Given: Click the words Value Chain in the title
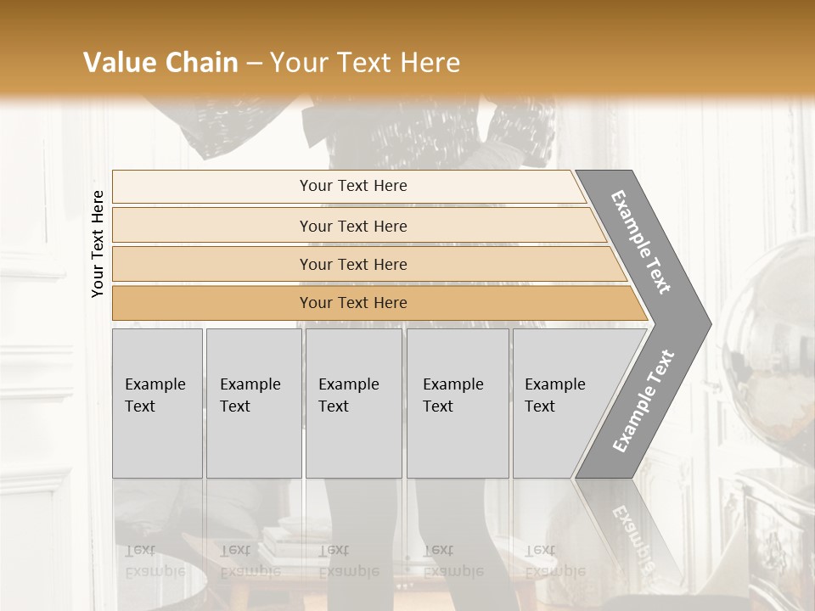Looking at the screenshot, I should click(x=160, y=63).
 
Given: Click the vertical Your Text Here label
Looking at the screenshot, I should click(x=98, y=244).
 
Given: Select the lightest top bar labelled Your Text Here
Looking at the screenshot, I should click(x=352, y=186).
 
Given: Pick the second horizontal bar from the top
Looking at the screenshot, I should click(x=352, y=226).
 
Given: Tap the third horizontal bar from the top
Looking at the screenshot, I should click(x=352, y=264).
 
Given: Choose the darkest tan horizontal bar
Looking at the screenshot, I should click(x=352, y=303).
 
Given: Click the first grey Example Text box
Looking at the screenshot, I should click(x=157, y=403).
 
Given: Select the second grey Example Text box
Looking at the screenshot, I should click(x=254, y=403).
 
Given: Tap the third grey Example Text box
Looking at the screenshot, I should click(x=353, y=403).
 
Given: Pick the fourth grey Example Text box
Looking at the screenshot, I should click(x=458, y=403).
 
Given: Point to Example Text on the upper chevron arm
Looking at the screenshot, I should click(x=641, y=243).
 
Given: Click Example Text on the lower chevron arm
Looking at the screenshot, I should click(x=643, y=401).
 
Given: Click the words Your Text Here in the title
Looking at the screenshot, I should click(x=365, y=63).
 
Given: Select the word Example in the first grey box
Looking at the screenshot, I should click(x=155, y=384).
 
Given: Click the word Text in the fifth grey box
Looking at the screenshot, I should click(x=539, y=406).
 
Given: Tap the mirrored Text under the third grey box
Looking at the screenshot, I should click(x=333, y=551).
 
